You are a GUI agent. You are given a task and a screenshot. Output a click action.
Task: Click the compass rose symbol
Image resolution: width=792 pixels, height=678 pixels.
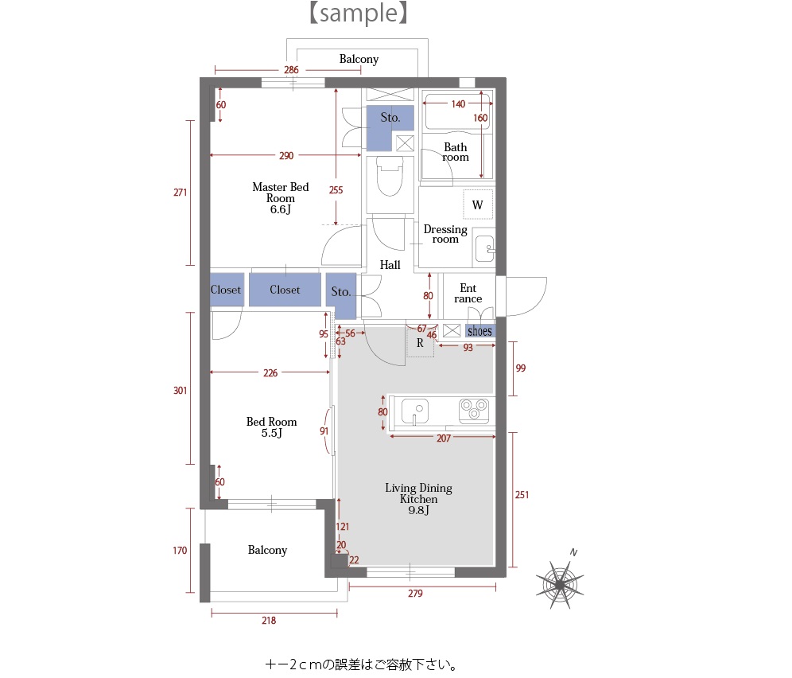click(560, 584)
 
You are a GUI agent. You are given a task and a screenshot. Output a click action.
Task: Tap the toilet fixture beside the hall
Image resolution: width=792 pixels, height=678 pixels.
click(390, 176)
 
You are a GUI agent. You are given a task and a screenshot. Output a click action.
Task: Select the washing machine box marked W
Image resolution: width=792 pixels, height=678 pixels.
click(477, 205)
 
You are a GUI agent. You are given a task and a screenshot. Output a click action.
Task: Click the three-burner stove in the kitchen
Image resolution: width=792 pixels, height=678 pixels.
click(474, 411)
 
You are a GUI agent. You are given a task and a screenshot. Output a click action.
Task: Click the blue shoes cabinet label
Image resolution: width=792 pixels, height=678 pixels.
click(479, 331)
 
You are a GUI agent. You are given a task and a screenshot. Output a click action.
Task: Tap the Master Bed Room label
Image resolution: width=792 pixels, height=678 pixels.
click(281, 197)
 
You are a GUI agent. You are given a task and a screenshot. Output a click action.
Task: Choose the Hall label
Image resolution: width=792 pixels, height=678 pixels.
click(390, 264)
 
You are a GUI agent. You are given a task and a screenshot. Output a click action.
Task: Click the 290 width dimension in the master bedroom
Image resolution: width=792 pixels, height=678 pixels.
click(286, 155)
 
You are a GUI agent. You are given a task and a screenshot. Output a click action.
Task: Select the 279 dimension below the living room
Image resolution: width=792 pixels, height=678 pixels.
click(415, 593)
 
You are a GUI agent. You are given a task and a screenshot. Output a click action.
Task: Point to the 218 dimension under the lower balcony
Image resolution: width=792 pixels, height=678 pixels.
click(269, 621)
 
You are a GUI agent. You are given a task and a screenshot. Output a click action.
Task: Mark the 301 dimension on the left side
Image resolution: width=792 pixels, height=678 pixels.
click(181, 390)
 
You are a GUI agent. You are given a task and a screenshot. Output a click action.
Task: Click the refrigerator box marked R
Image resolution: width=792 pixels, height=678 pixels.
click(420, 342)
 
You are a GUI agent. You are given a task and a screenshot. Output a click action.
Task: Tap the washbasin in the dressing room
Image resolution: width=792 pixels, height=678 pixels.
click(485, 249)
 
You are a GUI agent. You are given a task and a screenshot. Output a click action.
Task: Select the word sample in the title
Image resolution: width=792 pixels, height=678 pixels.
click(359, 13)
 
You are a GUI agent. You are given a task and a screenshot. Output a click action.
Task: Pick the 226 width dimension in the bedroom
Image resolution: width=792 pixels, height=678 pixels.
click(270, 372)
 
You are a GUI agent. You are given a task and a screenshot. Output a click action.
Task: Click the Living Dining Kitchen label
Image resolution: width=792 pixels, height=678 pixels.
click(419, 498)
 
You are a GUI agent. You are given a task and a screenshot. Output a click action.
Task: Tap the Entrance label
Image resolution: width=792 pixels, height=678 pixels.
click(468, 294)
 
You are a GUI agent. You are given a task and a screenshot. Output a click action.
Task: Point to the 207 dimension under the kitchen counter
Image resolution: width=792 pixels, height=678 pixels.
click(444, 438)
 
